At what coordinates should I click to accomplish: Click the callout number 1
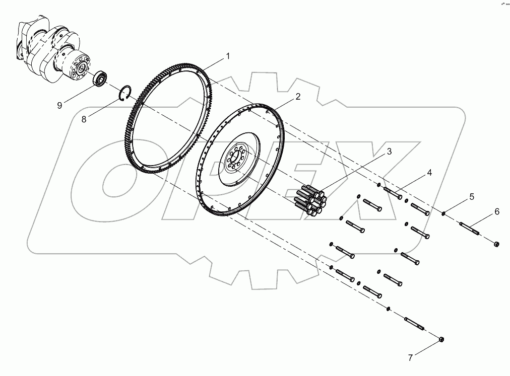pos(227,56)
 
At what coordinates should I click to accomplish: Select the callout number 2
pos(298,97)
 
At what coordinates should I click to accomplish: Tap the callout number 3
pos(389,151)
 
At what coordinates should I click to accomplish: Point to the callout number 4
pos(429,173)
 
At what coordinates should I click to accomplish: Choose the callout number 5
pos(472,196)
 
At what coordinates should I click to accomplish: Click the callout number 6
pos(496,212)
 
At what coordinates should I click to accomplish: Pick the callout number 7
pos(410,358)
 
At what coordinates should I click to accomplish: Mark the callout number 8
pos(84,119)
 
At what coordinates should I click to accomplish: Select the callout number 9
pos(59,105)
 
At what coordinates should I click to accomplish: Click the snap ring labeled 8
pos(126,93)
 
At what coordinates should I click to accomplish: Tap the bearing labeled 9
pos(100,79)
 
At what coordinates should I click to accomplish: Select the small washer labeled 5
pos(443,213)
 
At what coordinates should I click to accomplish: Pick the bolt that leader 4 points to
pos(393,192)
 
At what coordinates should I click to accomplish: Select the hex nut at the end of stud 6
pos(496,244)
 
